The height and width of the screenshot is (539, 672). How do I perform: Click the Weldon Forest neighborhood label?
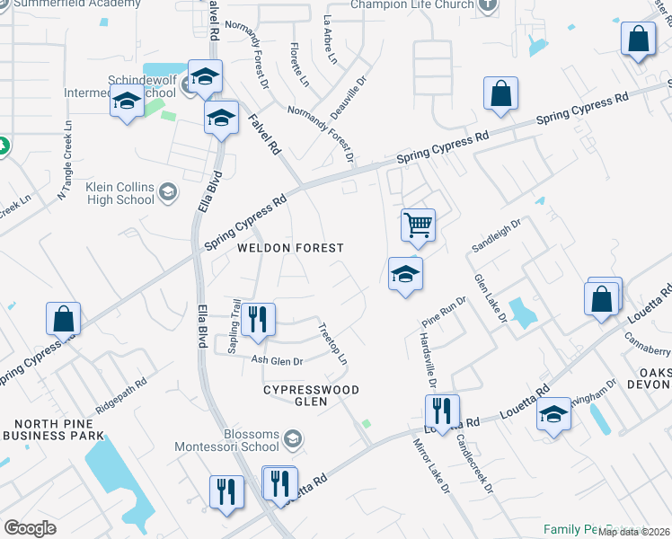[290, 247]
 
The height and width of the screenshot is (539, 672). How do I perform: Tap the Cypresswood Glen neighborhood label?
[311, 396]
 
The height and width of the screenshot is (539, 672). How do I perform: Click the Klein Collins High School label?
[121, 193]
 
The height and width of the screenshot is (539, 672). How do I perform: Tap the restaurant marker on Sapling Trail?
[258, 320]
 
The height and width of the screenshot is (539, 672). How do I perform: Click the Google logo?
[30, 527]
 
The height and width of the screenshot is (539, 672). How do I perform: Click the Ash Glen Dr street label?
[277, 360]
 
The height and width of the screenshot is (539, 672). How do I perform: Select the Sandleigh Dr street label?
[496, 235]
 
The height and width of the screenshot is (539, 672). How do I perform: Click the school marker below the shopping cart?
[405, 274]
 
